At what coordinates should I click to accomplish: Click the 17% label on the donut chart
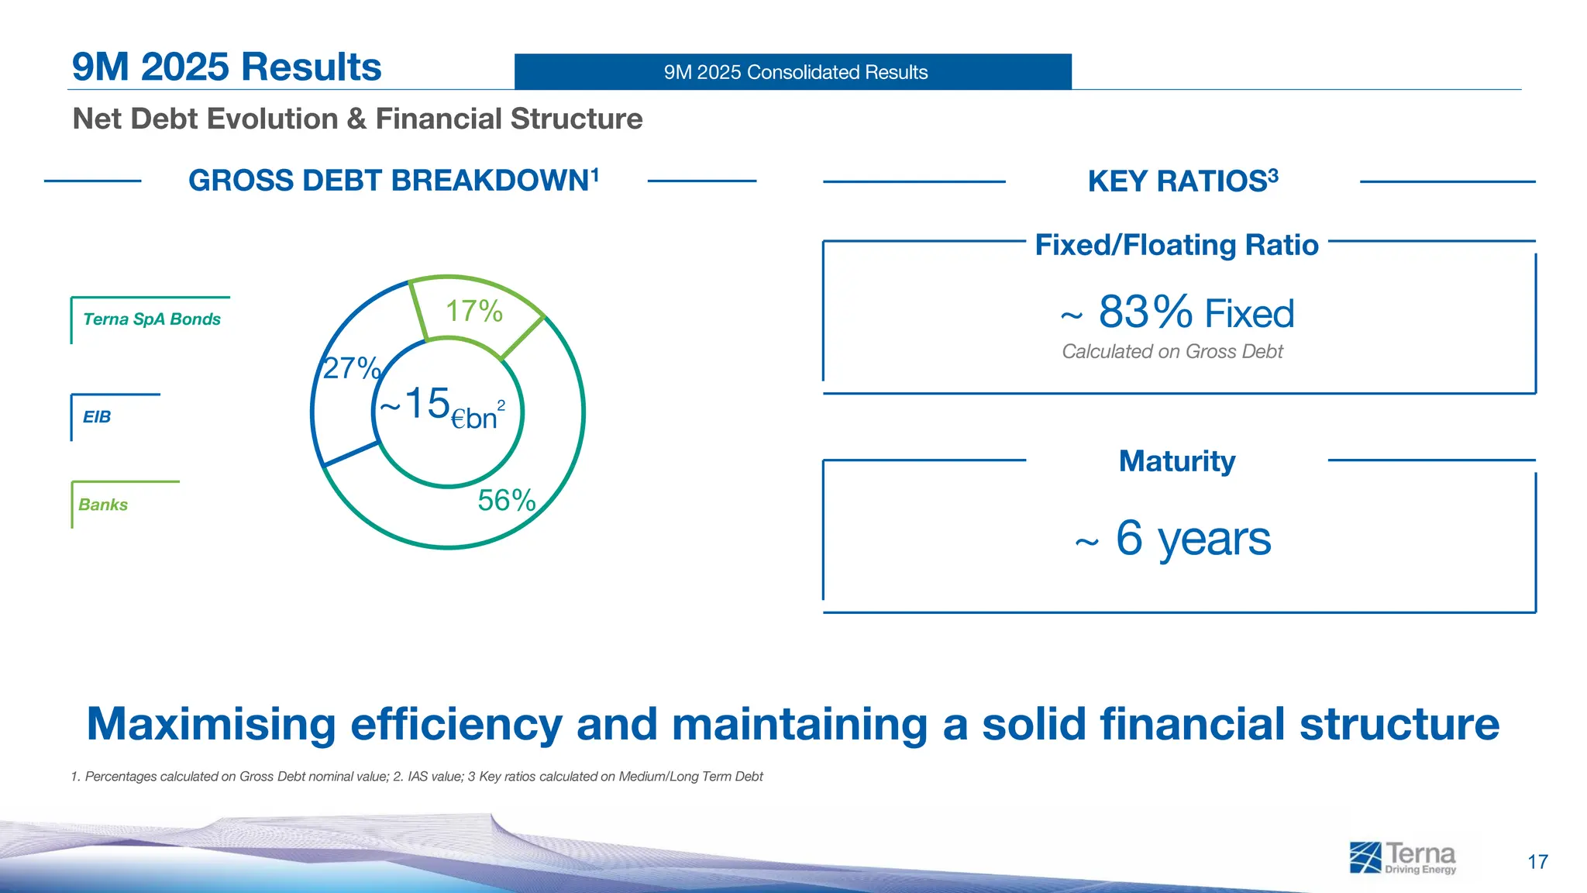click(473, 311)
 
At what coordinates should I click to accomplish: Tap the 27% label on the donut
click(351, 367)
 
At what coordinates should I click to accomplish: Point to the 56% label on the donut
click(506, 500)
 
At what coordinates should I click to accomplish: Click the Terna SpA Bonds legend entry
click(152, 319)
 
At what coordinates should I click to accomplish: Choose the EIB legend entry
click(97, 417)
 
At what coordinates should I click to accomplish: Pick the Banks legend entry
click(103, 505)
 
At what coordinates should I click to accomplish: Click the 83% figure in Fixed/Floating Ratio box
click(1145, 312)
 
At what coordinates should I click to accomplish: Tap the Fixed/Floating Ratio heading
click(1176, 245)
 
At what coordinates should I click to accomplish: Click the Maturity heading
click(1176, 461)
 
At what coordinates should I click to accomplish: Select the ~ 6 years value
click(1174, 538)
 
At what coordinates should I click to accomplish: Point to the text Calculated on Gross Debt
click(1172, 352)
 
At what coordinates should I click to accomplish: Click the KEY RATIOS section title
click(1182, 181)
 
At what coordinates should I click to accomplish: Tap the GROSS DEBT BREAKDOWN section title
click(393, 181)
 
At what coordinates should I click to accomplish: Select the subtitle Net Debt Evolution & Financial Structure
click(357, 119)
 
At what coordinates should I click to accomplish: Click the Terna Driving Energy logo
click(1403, 857)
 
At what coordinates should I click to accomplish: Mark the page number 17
click(1537, 862)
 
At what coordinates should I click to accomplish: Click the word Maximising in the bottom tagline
click(210, 725)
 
